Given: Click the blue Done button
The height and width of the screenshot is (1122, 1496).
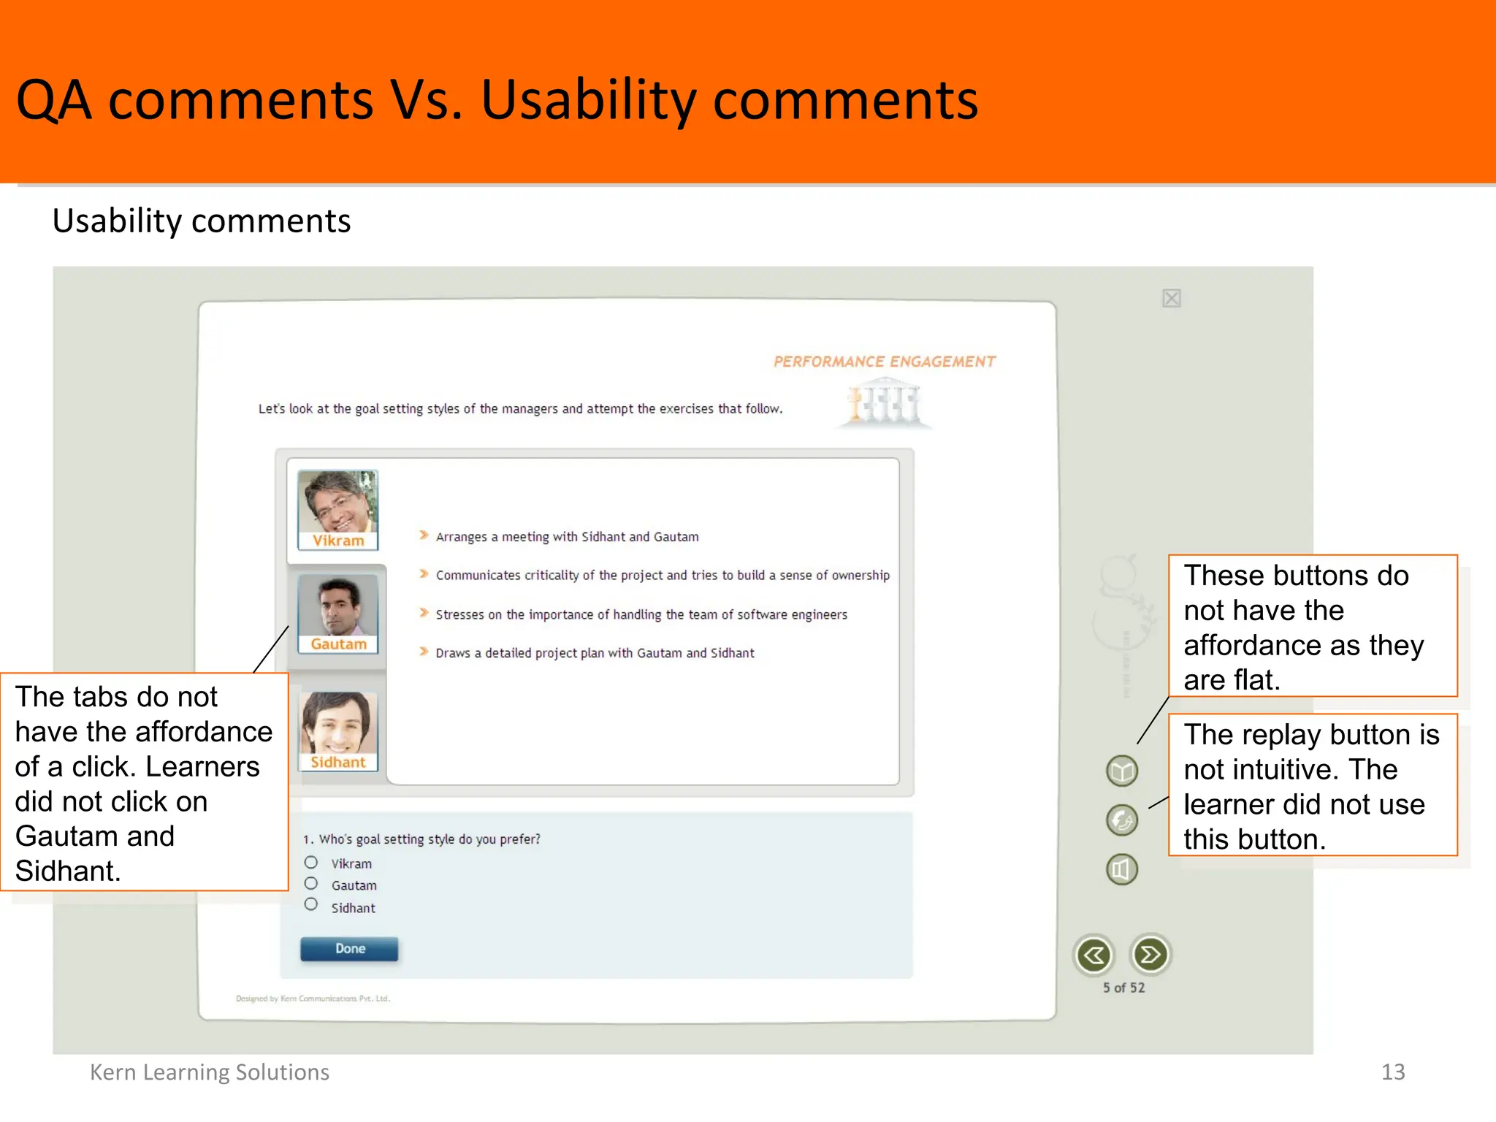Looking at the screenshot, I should tap(349, 949).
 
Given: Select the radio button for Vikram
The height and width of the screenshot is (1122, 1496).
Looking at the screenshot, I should tap(311, 863).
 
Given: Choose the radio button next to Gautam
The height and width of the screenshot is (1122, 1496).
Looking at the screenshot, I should tap(311, 884).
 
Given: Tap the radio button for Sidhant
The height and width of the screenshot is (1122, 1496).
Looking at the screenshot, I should tap(311, 905).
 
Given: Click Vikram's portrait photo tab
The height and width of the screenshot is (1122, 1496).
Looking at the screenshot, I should tap(337, 509).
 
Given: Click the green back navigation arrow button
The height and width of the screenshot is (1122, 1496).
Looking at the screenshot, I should tap(1094, 955).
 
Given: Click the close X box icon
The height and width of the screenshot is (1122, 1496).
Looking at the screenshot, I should tap(1172, 298).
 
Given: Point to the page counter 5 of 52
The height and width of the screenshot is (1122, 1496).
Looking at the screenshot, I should tap(1123, 988).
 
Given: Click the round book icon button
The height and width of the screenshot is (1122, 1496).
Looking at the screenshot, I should tap(1122, 771).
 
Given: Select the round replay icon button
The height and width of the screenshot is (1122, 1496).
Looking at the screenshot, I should tap(1122, 820).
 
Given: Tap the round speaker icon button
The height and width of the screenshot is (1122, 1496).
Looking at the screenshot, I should tap(1122, 869).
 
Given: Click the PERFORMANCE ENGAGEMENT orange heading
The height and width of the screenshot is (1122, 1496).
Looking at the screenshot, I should tap(884, 362).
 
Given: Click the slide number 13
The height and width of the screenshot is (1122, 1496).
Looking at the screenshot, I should tap(1393, 1072).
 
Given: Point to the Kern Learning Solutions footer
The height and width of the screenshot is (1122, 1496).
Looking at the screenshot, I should tap(210, 1072).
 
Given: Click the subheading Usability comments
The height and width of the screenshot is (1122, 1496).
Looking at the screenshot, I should tap(202, 221).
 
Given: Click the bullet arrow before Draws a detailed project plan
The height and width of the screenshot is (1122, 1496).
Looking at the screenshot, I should tap(424, 652).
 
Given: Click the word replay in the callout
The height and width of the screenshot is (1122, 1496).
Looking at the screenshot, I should tap(1285, 736).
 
